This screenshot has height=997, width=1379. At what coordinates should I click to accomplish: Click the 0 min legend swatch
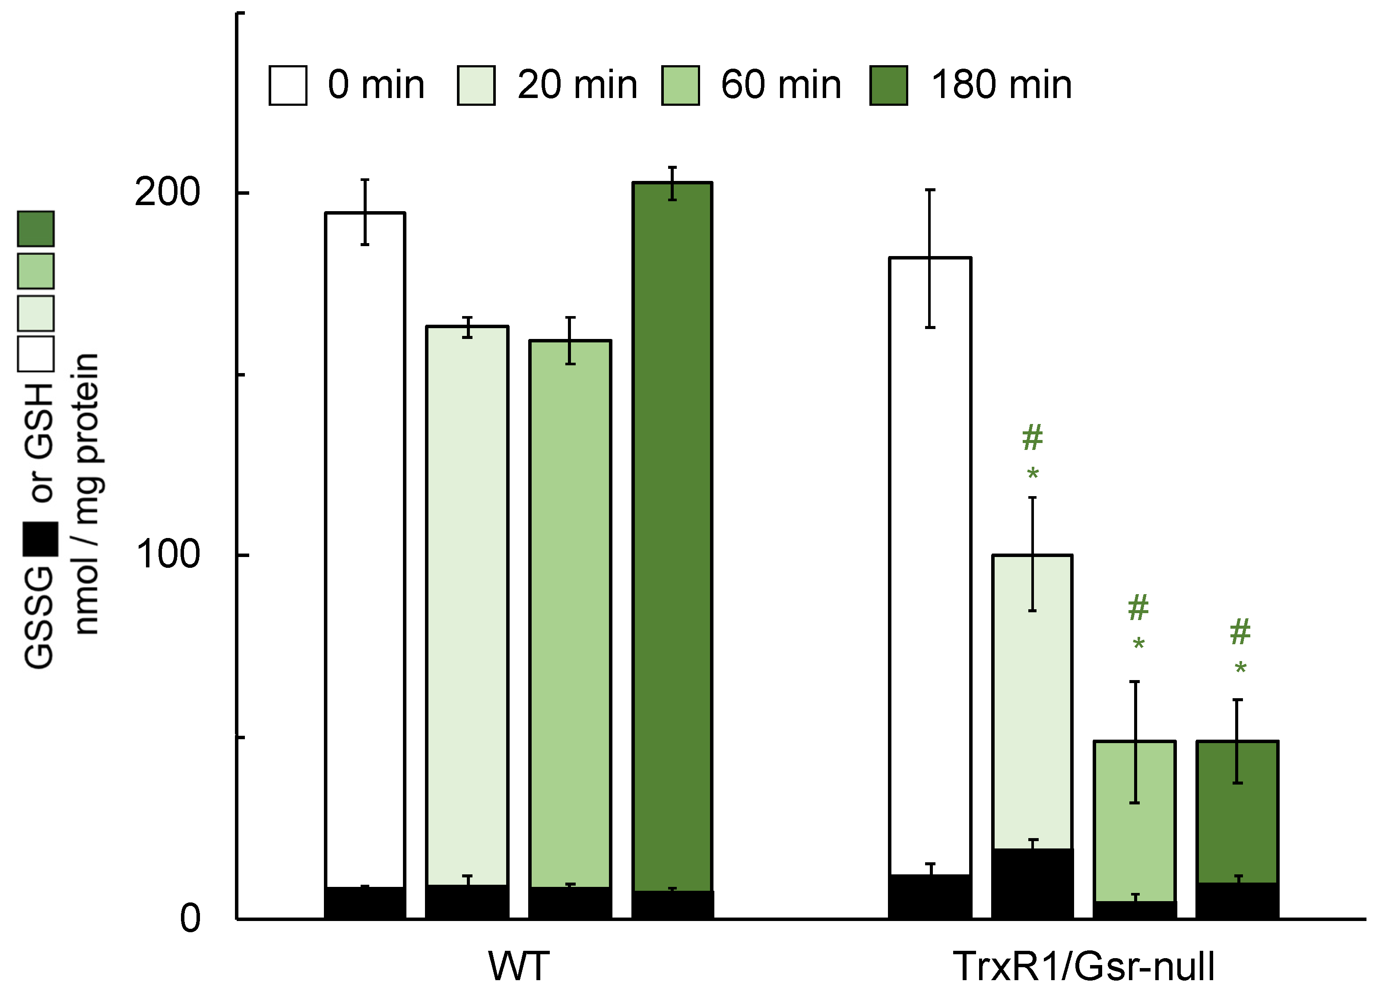(x=288, y=86)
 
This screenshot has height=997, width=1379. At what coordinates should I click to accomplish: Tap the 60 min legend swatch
(x=680, y=86)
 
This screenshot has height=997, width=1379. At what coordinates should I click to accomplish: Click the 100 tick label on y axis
(x=167, y=554)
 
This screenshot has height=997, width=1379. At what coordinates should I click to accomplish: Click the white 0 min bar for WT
(x=365, y=547)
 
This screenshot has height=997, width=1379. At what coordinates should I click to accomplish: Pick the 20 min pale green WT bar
(x=467, y=608)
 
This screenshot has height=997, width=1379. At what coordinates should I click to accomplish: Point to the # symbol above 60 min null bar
(x=1138, y=608)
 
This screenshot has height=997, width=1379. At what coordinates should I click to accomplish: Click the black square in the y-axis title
(x=40, y=539)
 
